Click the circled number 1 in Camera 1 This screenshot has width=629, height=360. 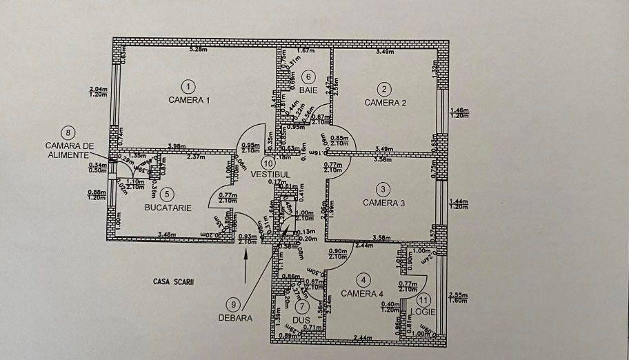click(186, 86)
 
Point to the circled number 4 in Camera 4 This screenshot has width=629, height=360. click(364, 279)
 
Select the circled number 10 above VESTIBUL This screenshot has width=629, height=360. click(268, 163)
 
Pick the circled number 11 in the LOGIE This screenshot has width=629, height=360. click(423, 299)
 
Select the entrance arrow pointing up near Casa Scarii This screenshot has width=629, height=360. click(246, 260)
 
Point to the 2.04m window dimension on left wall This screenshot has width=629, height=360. click(99, 89)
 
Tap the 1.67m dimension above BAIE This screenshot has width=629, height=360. click(306, 50)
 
